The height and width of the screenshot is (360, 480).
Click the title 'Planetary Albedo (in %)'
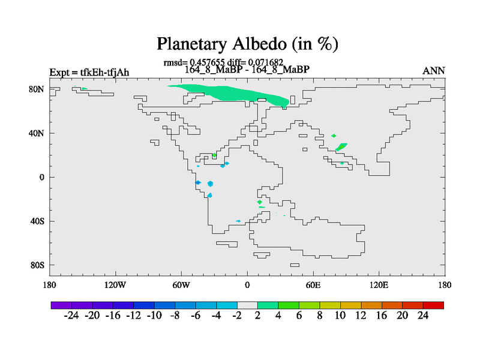point(247,44)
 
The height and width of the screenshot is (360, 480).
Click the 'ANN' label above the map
point(433,71)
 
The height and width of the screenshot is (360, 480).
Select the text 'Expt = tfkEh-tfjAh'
point(89,73)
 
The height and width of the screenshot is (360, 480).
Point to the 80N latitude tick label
point(37,89)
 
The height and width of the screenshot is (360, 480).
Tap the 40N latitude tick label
point(37,133)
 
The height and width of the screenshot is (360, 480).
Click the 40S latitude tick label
point(37,221)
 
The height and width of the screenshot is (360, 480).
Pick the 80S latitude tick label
point(37,265)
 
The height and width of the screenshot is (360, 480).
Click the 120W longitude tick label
point(115,286)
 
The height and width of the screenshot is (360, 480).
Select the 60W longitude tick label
point(181,286)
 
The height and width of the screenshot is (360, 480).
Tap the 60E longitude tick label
point(313,286)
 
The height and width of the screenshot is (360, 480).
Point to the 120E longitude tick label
point(379,286)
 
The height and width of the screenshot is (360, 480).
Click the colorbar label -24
point(71,316)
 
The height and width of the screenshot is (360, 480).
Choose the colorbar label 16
point(382,316)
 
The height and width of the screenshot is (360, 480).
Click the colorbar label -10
point(154,316)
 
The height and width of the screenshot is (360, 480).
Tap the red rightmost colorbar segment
point(433,305)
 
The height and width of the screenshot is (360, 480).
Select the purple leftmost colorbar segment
point(61,305)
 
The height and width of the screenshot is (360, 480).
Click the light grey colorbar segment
point(247,305)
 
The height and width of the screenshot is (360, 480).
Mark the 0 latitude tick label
point(41,177)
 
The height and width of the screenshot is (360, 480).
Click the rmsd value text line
point(223,63)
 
